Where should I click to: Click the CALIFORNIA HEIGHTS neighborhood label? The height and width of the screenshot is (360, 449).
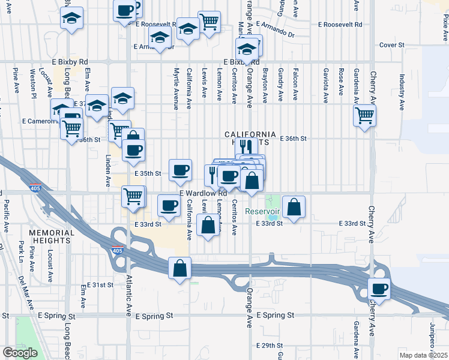pyautogui.click(x=250, y=134)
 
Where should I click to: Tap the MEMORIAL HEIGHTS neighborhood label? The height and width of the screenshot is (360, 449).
pyautogui.click(x=52, y=236)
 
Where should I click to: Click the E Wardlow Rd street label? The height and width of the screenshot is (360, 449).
pyautogui.click(x=203, y=193)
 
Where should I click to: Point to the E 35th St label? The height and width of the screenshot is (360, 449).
pyautogui.click(x=148, y=173)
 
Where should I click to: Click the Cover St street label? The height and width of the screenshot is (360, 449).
pyautogui.click(x=393, y=45)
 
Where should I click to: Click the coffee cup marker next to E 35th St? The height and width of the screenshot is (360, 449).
pyautogui.click(x=180, y=170)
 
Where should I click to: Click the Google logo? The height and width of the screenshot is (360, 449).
pyautogui.click(x=20, y=353)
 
